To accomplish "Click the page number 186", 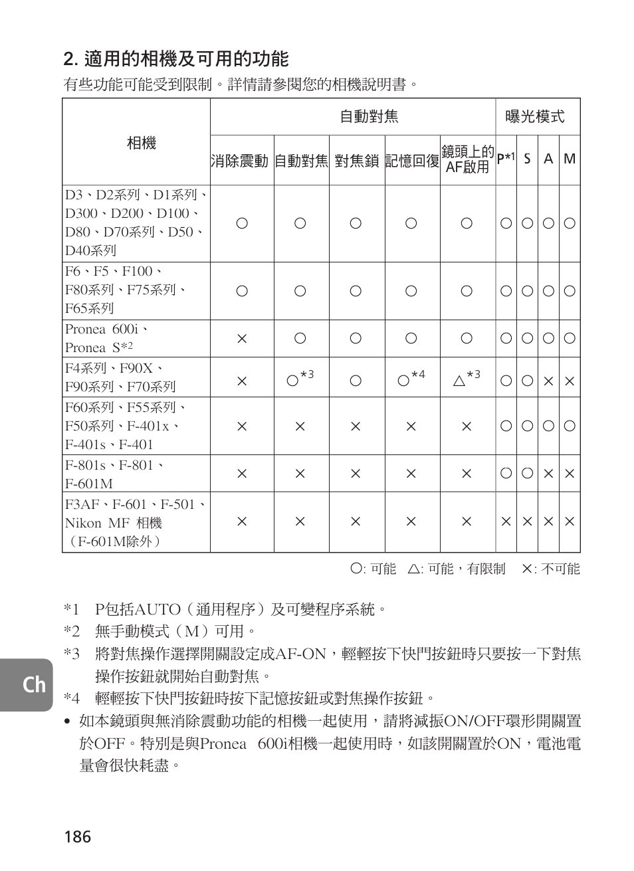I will [x=78, y=836].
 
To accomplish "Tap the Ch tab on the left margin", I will [x=33, y=684].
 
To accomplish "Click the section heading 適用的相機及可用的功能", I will [x=176, y=59].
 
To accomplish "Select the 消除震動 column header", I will [x=240, y=160].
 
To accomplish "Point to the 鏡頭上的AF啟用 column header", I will [x=468, y=159].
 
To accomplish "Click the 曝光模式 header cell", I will [x=534, y=117].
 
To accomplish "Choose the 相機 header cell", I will [x=141, y=143].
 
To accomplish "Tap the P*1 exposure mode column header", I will [x=506, y=159].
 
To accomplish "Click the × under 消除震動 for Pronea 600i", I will [x=242, y=339].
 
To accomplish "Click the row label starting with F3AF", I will [x=136, y=523].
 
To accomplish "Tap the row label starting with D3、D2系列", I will [x=136, y=223].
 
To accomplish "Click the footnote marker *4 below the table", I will [x=72, y=698].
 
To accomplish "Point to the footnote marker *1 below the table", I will [x=72, y=609].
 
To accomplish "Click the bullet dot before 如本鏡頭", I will [x=67, y=722].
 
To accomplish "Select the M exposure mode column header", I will [x=570, y=159].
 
